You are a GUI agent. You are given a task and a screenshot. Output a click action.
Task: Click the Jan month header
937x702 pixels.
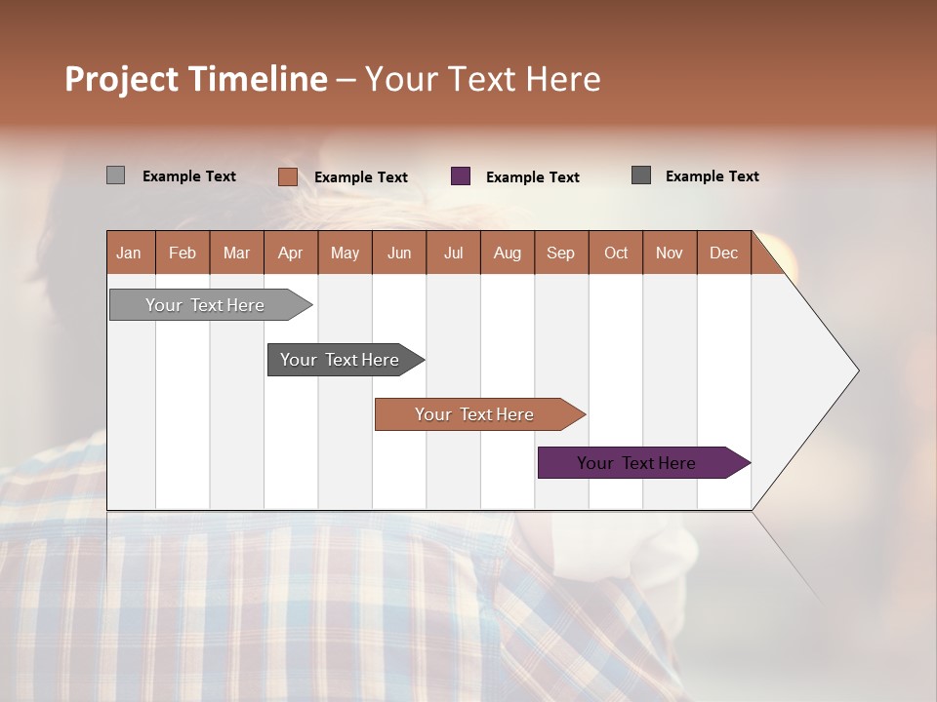pos(130,253)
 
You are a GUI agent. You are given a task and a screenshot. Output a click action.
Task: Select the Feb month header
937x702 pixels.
pos(183,253)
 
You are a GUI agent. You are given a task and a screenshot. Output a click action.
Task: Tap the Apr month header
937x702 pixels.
pos(291,253)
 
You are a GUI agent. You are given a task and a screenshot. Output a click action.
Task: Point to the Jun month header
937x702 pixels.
pos(399,253)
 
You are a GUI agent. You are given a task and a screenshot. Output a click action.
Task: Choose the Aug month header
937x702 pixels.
pos(508,253)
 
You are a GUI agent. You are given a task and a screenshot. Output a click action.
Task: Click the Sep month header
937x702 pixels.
pos(561,253)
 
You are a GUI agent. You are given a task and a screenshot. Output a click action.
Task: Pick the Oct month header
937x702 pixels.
pos(616,253)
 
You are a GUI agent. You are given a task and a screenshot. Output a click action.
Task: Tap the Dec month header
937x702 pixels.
pos(724,253)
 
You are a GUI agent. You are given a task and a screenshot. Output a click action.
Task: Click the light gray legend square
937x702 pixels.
pos(115,175)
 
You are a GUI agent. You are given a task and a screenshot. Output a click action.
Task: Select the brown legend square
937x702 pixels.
pos(287,176)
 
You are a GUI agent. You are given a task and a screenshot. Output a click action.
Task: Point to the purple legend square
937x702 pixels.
pos(461,176)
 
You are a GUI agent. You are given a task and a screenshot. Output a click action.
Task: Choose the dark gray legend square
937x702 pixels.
pos(641,175)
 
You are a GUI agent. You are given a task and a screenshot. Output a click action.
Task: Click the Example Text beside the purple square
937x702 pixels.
pos(533,177)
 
